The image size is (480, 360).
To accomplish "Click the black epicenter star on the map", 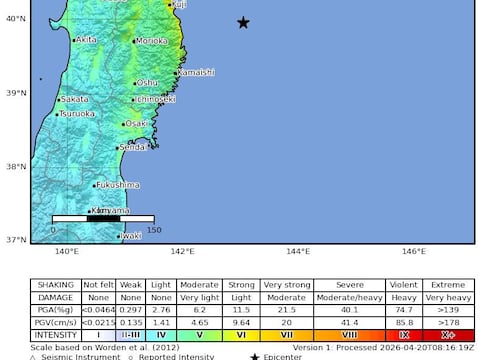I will pos(243,22).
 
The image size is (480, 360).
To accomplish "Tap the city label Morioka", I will pos(152,41).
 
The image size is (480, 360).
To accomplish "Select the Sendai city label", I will pos(133,148).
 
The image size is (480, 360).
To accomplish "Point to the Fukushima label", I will pos(118,185).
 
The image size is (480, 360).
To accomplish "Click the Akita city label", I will pos(87,39).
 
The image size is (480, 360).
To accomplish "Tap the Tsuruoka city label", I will pos(78,114).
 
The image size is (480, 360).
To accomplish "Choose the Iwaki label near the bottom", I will pos(131,236).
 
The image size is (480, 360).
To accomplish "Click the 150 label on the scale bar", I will pos(154,230).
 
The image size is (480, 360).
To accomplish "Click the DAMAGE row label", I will pos(55,297).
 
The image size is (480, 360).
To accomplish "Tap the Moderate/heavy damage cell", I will pos(349,297).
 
